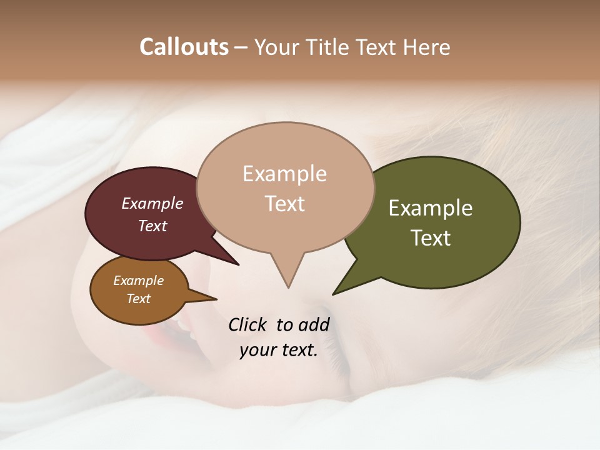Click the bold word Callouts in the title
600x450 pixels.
(x=184, y=47)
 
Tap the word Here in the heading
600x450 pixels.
(x=427, y=47)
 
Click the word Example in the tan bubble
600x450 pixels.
(x=284, y=174)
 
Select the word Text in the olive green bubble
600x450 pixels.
(x=431, y=238)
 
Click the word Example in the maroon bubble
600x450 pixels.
(x=152, y=203)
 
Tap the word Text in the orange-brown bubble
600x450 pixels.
(x=139, y=299)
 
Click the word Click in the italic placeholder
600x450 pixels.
(x=247, y=324)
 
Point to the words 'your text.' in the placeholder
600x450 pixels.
(x=279, y=351)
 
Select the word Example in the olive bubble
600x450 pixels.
(x=431, y=208)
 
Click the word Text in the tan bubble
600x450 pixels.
(x=285, y=204)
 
